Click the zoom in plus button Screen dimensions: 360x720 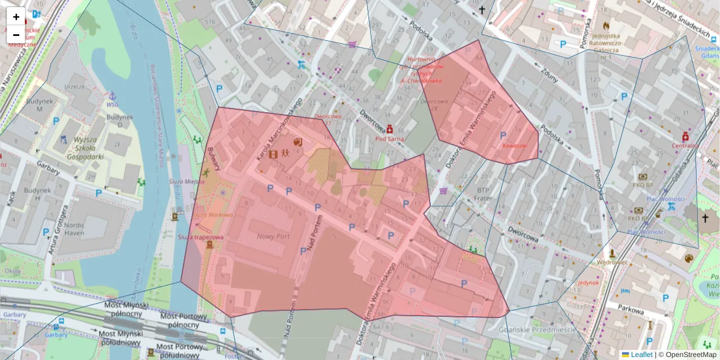click(16, 17)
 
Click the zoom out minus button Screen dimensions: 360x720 click(16, 35)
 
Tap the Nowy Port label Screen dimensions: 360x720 click(273, 237)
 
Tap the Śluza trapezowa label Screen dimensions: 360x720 click(200, 237)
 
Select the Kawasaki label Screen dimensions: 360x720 click(514, 146)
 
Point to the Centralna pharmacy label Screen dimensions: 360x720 click(685, 145)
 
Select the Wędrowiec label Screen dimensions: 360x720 click(612, 262)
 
